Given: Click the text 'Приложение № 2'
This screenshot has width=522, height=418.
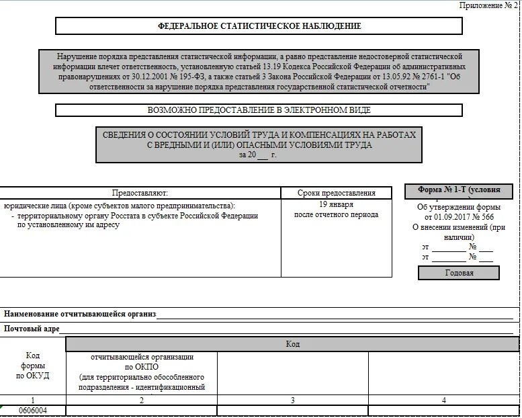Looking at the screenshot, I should pos(488,5).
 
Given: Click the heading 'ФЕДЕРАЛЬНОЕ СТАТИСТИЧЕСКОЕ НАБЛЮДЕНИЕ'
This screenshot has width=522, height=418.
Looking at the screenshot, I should pos(259,26).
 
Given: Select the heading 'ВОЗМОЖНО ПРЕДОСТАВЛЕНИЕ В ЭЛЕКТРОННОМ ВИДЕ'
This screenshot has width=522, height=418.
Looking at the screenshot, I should pos(259,110).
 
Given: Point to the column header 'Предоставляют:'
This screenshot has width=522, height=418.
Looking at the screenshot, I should pos(140,193).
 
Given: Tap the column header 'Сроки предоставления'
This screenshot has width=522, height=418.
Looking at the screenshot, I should pos(336,193).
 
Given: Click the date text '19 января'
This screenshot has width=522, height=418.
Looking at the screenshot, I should pos(336,204).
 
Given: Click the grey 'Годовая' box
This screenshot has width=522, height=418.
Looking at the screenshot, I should pos(459,273).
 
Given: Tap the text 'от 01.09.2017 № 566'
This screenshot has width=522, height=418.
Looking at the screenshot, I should pos(459,217).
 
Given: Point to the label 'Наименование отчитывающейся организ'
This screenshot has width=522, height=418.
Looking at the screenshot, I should pos(80,314).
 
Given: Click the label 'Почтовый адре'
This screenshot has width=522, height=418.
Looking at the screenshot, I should pos(32,329).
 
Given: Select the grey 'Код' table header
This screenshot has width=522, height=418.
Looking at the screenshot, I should pos(292,344).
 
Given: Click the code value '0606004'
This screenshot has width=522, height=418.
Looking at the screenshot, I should pos(33,411).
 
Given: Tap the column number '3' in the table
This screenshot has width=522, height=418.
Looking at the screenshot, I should pos(292,400).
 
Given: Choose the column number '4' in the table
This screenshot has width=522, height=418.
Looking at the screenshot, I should pos(443,400).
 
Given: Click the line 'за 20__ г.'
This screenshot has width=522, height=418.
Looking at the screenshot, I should pos(257,155).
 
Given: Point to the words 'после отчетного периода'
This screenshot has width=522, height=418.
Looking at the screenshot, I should pos(336,214).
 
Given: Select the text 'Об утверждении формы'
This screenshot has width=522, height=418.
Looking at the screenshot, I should pos(459,207).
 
